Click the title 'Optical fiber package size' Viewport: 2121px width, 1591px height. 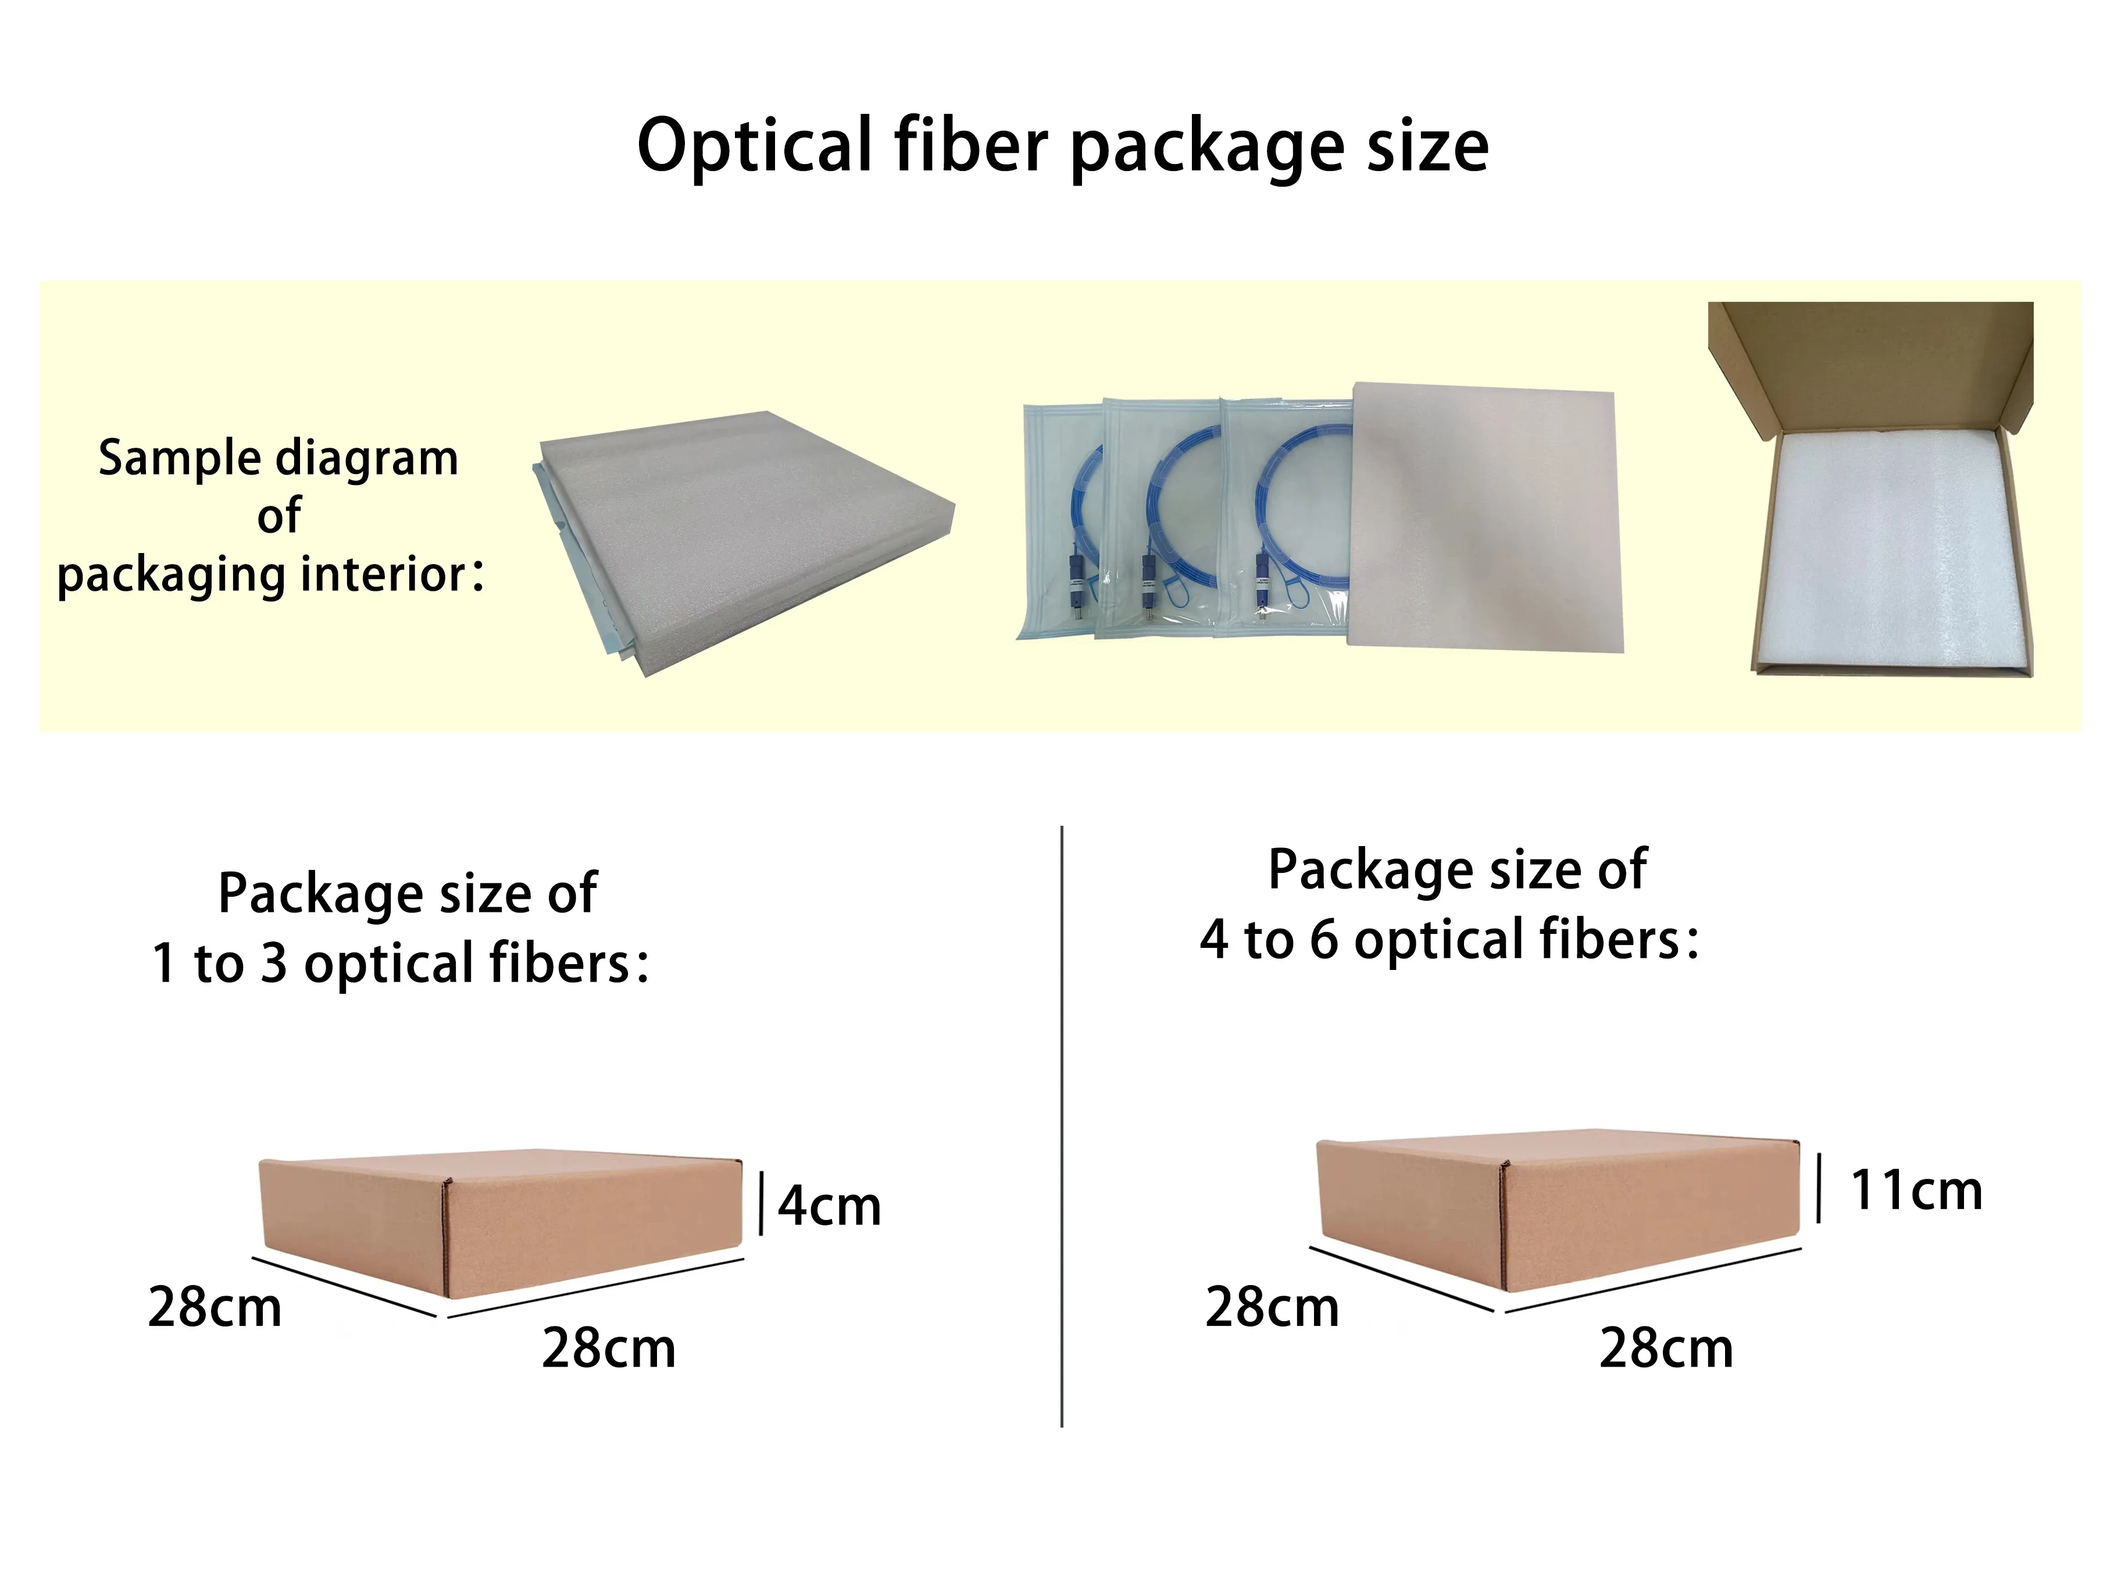point(1062,146)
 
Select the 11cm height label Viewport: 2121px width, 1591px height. point(1916,1190)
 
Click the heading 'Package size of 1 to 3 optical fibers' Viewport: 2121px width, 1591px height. point(401,928)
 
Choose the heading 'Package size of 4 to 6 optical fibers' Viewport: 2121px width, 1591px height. point(1450,904)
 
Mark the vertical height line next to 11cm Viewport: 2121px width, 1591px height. point(1819,1188)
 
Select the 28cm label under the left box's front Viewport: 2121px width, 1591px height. point(609,1349)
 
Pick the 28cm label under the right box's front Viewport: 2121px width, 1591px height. point(1666,1349)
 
